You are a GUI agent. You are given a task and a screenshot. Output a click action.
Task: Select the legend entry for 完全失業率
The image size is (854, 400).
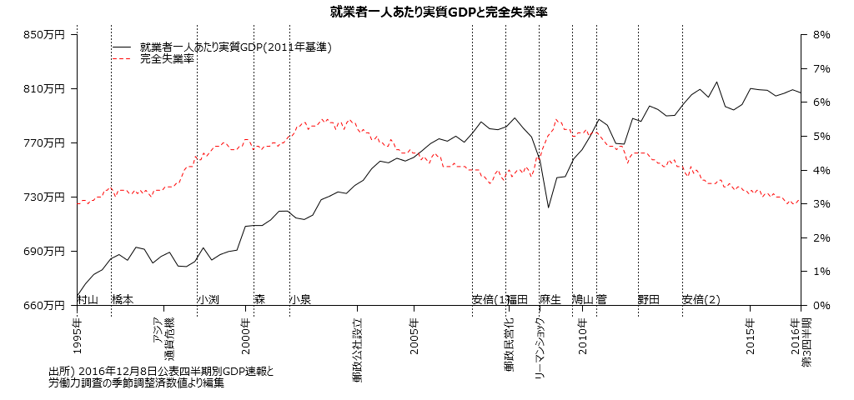(167, 59)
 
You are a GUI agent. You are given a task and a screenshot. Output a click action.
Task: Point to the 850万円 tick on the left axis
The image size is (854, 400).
(46, 35)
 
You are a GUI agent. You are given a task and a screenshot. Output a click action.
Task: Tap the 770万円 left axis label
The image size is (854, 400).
(46, 142)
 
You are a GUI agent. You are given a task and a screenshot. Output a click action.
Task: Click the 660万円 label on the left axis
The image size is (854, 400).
(46, 305)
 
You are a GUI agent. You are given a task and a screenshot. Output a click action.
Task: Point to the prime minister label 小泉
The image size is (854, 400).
(300, 299)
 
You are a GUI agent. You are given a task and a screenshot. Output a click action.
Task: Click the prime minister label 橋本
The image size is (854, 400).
(123, 299)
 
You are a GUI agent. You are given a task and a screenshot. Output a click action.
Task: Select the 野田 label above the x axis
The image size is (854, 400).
(649, 299)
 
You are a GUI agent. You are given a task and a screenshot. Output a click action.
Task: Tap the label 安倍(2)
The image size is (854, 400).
(701, 299)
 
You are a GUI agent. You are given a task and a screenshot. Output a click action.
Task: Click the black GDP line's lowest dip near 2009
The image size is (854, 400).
(548, 207)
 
